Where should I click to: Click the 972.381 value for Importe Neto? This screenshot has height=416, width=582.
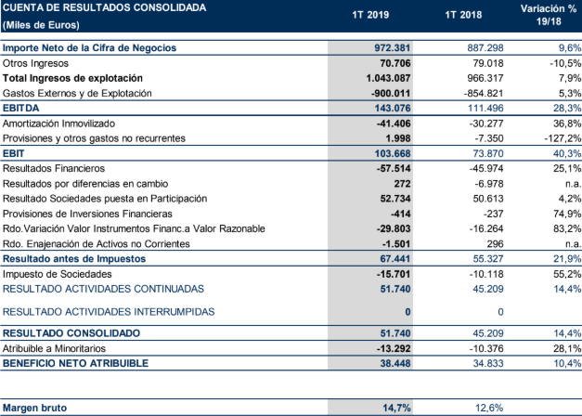pyautogui.click(x=392, y=47)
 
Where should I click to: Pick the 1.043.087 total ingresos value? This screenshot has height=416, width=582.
pyautogui.click(x=389, y=78)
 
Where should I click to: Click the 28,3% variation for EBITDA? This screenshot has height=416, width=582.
pyautogui.click(x=563, y=109)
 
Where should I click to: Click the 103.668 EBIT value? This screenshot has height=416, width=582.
pyautogui.click(x=392, y=153)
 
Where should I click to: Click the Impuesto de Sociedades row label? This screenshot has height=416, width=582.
pyautogui.click(x=56, y=275)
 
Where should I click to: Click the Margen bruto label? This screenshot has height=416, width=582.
pyautogui.click(x=35, y=407)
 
